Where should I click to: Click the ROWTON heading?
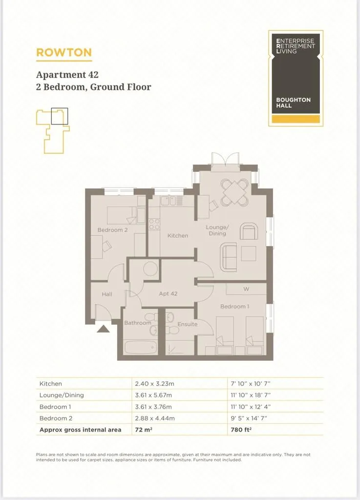(64, 52)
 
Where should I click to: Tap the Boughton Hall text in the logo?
(293, 103)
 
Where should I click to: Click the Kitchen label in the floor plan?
(178, 236)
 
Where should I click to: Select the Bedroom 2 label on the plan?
(112, 230)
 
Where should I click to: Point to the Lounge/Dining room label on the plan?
(217, 230)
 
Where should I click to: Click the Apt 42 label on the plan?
(168, 293)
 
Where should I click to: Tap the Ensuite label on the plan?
(188, 324)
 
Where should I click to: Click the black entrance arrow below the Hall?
(103, 329)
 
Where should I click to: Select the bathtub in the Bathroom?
(140, 347)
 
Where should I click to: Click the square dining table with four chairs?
(234, 192)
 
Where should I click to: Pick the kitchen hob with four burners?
(154, 224)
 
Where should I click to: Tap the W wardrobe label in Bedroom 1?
(246, 289)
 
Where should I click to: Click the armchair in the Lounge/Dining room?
(249, 231)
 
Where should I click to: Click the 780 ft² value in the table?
(241, 430)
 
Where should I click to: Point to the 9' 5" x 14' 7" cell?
(249, 418)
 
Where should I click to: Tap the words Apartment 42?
(67, 75)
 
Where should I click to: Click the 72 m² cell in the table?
(144, 430)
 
